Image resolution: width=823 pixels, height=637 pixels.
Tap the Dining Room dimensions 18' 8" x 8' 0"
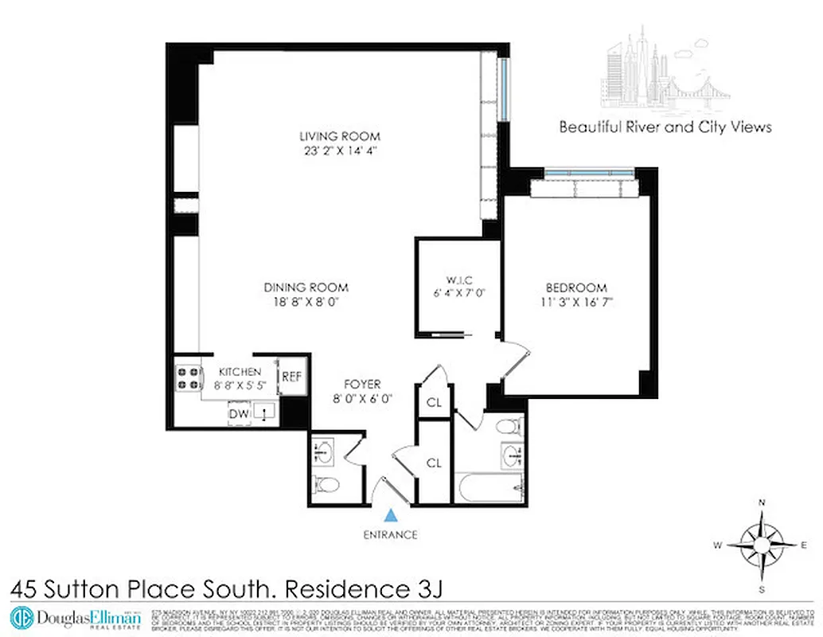pos(306,302)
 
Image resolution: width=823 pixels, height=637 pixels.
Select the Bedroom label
pos(575,287)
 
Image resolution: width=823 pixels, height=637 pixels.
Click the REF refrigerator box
pos(291,377)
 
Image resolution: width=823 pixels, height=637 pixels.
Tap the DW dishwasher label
pos(238,413)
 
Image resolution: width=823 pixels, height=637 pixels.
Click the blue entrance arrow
pos(390,516)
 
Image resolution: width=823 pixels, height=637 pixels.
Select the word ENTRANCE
pos(389,534)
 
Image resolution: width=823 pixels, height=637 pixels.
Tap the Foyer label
pos(362,384)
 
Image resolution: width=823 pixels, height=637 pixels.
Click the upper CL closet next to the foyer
pos(434,402)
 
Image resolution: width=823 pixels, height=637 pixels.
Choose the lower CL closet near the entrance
pos(434,463)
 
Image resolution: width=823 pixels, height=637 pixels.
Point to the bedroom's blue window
pos(589,172)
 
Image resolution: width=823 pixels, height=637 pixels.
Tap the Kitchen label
pos(240,372)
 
